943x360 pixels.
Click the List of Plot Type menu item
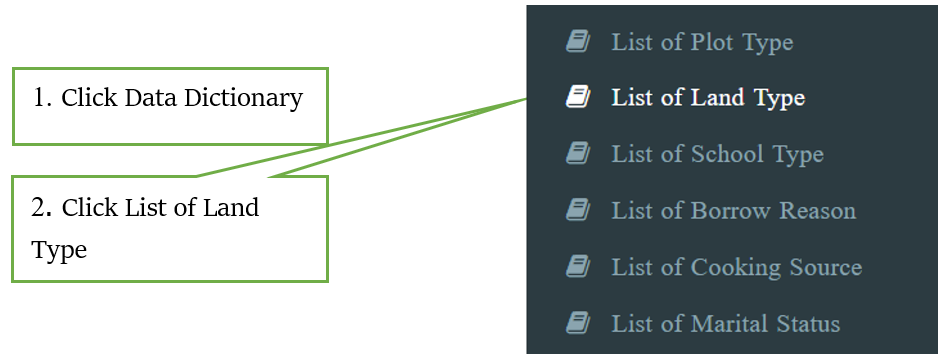tap(702, 42)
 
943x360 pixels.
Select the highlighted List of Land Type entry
tap(708, 98)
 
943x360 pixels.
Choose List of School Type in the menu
tap(717, 154)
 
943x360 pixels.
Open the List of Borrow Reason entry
tap(733, 211)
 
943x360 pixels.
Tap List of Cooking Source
tap(736, 267)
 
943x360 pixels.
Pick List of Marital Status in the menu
tap(725, 324)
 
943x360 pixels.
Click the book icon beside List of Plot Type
tap(577, 41)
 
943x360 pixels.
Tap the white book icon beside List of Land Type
tap(577, 97)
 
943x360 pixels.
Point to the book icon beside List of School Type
tap(577, 153)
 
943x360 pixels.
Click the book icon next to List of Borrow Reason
tap(577, 210)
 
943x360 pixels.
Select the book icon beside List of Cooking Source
tap(577, 266)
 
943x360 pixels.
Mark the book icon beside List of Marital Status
tap(577, 323)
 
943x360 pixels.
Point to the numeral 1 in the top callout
tap(39, 99)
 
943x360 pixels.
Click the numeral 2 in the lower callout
tap(39, 208)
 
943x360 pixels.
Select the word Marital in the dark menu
tap(728, 324)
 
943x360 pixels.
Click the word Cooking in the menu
tap(731, 267)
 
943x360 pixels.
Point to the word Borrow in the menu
tap(727, 211)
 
